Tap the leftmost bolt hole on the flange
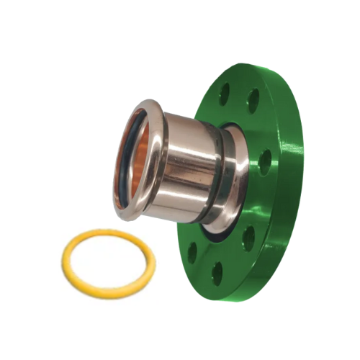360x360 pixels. point(192,251)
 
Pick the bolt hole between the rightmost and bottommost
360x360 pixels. point(248,238)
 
